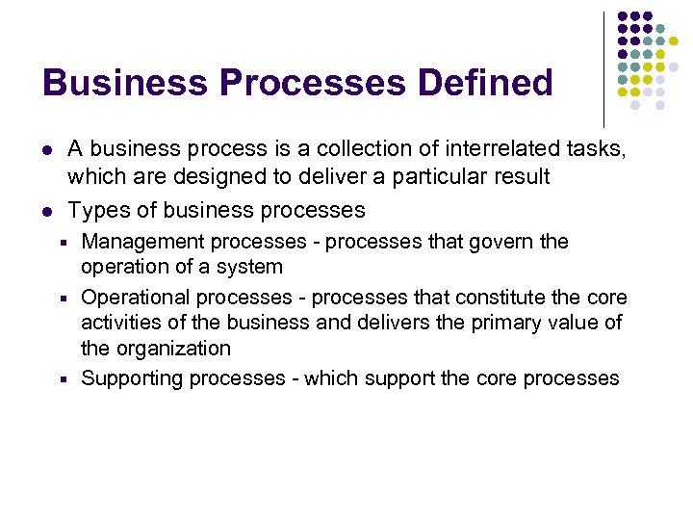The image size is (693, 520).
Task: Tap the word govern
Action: click(x=502, y=242)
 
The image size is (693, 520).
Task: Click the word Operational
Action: click(x=134, y=298)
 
